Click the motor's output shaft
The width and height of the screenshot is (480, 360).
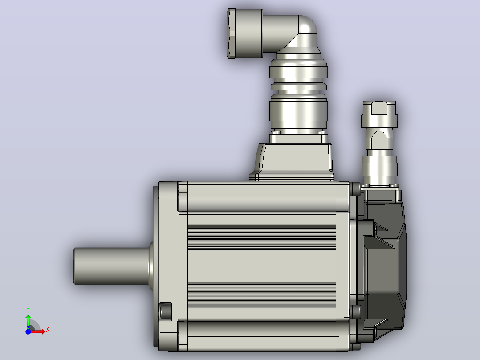(112, 266)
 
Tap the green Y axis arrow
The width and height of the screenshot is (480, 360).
(28, 321)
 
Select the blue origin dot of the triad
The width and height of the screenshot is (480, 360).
(28, 331)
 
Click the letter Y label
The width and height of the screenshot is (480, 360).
(28, 310)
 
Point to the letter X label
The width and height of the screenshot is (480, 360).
(48, 330)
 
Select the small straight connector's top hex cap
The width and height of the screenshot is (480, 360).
(379, 114)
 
